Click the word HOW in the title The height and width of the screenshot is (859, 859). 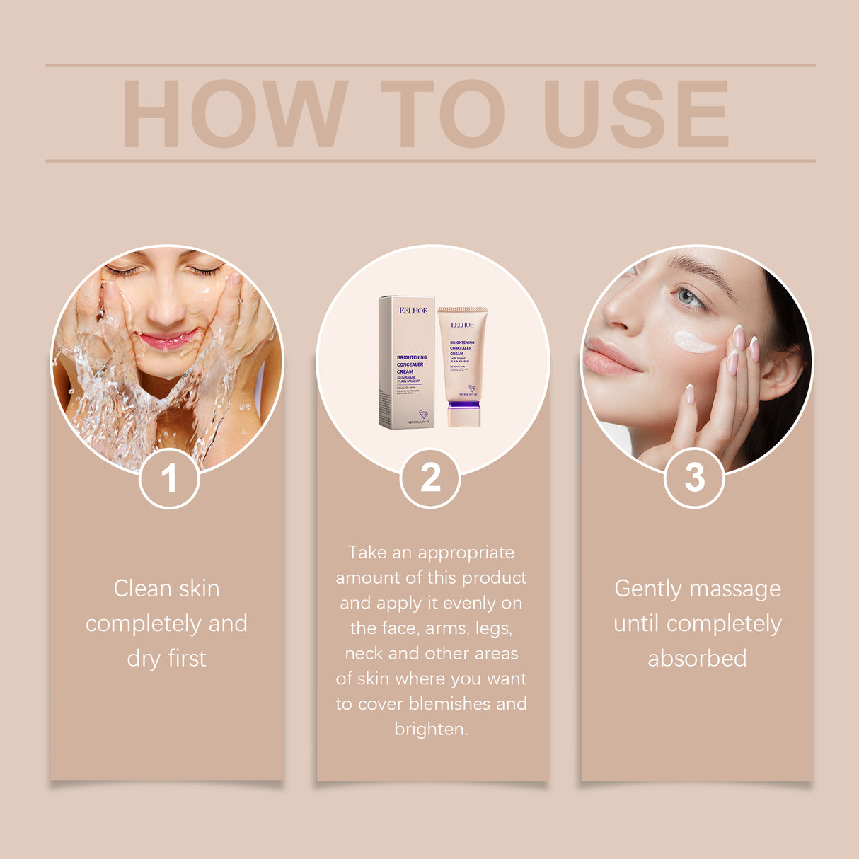(234, 114)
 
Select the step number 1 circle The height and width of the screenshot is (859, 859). (169, 478)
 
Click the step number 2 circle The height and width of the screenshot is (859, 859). (430, 478)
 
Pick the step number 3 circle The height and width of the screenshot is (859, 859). (694, 478)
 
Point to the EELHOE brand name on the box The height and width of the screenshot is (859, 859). (413, 311)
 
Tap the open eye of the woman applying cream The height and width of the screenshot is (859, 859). (688, 297)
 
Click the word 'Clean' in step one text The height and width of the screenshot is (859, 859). (142, 589)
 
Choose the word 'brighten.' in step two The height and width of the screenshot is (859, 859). (431, 729)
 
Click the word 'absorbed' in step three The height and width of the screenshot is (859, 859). (697, 659)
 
